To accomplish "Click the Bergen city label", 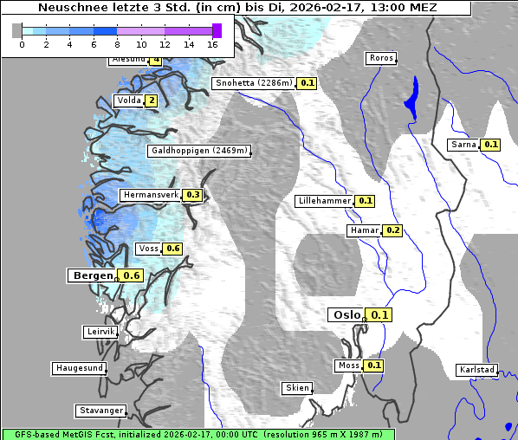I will [x=91, y=275].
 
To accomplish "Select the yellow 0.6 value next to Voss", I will [x=172, y=249].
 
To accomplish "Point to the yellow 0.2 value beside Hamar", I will [x=392, y=230].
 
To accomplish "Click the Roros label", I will [x=381, y=58].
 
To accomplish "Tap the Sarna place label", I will [x=464, y=145].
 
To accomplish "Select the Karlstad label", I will [x=477, y=370].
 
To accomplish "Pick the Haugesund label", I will [x=80, y=368].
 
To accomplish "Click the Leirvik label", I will [x=100, y=332].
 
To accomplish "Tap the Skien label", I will [x=297, y=388].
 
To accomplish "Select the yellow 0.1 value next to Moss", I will [x=373, y=366].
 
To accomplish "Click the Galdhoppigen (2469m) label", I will [x=200, y=151].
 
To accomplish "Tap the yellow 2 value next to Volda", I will [x=151, y=100].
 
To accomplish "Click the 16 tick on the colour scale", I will [x=213, y=44].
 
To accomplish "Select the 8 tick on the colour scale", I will [x=117, y=44].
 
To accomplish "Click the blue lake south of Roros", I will [x=411, y=98].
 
